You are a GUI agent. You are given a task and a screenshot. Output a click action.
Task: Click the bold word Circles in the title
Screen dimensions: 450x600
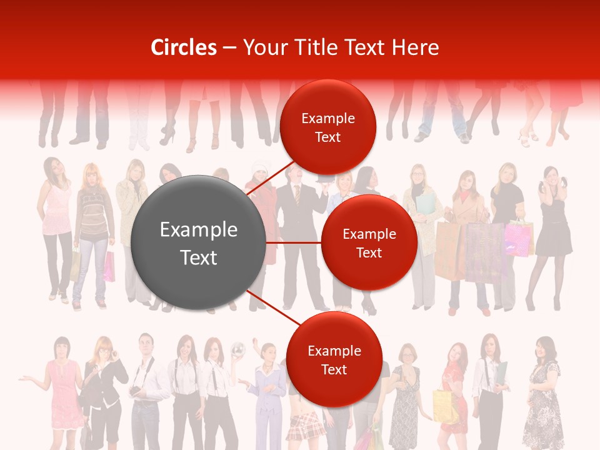(183, 47)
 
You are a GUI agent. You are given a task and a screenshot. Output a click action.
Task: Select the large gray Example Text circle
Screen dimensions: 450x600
(198, 243)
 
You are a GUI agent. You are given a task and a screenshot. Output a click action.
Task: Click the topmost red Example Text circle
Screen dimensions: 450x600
(327, 127)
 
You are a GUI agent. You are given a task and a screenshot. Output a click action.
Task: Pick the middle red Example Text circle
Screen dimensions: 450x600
(369, 243)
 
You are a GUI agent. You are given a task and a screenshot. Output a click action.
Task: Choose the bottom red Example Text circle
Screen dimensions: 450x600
(334, 360)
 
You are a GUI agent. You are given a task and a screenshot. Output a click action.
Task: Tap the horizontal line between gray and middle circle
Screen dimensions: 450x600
(294, 242)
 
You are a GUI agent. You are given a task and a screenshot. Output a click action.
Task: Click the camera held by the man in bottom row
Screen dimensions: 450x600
(135, 391)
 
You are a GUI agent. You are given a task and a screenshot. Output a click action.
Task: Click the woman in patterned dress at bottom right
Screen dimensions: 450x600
(542, 394)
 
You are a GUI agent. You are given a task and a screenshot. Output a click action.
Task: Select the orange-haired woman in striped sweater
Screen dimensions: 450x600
(92, 231)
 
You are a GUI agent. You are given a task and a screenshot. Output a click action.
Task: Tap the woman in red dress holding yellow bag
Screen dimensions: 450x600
(454, 387)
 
